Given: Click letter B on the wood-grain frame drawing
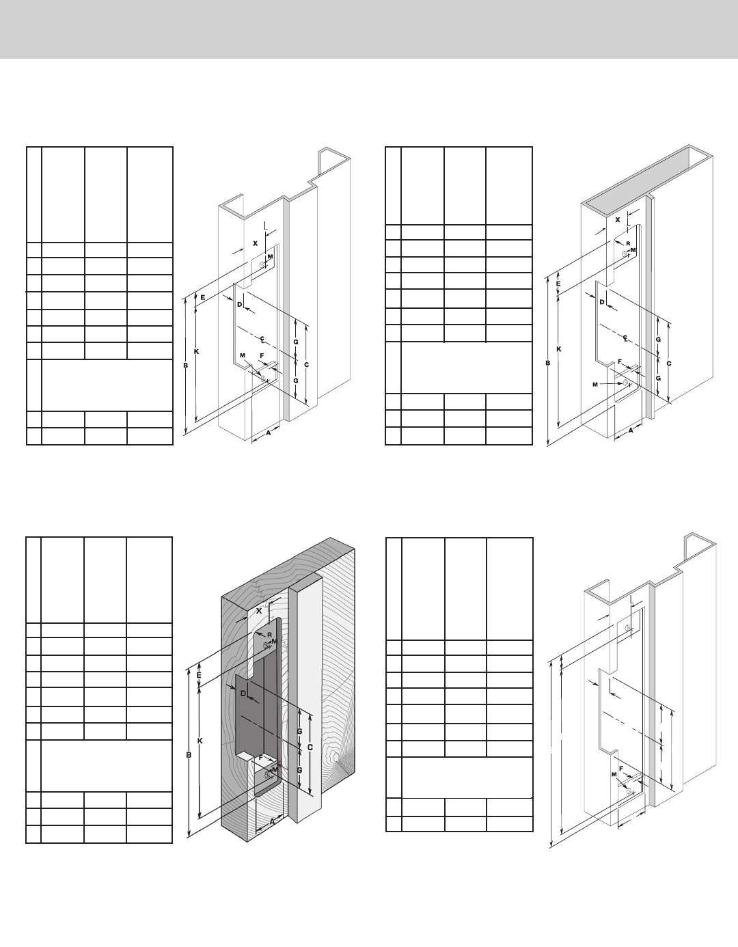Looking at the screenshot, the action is pyautogui.click(x=188, y=755).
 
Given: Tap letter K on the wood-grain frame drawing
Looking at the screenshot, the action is pyautogui.click(x=200, y=741).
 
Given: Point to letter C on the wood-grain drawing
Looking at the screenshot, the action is pyautogui.click(x=310, y=747).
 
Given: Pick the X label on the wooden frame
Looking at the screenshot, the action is pyautogui.click(x=258, y=610).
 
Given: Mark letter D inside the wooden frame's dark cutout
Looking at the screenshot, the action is pyautogui.click(x=243, y=694).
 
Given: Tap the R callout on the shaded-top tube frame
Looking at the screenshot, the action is pyautogui.click(x=627, y=243).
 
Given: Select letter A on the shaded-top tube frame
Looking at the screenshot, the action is pyautogui.click(x=630, y=430).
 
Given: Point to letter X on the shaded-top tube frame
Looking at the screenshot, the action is pyautogui.click(x=617, y=220).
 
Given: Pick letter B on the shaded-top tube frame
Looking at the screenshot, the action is pyautogui.click(x=547, y=363).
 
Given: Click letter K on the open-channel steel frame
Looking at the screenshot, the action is pyautogui.click(x=196, y=351).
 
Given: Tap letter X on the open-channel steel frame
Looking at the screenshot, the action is pyautogui.click(x=256, y=243).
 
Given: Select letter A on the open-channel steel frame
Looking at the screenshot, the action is pyautogui.click(x=268, y=432).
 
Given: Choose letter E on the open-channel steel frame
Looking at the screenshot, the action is pyautogui.click(x=202, y=296).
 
